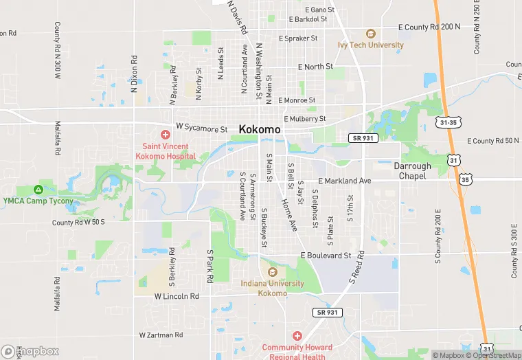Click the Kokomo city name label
tap(260, 129)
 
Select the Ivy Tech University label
tap(370, 45)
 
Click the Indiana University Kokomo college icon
tap(273, 271)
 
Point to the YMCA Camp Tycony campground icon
tap(39, 190)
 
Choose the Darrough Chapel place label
tap(413, 171)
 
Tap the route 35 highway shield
tap(466, 180)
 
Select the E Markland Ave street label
tap(344, 181)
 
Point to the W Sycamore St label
tap(201, 128)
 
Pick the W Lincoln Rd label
tap(177, 297)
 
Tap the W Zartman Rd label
tap(161, 335)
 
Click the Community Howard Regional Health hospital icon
tap(297, 336)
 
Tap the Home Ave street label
tap(288, 214)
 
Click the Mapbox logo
tap(31, 351)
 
